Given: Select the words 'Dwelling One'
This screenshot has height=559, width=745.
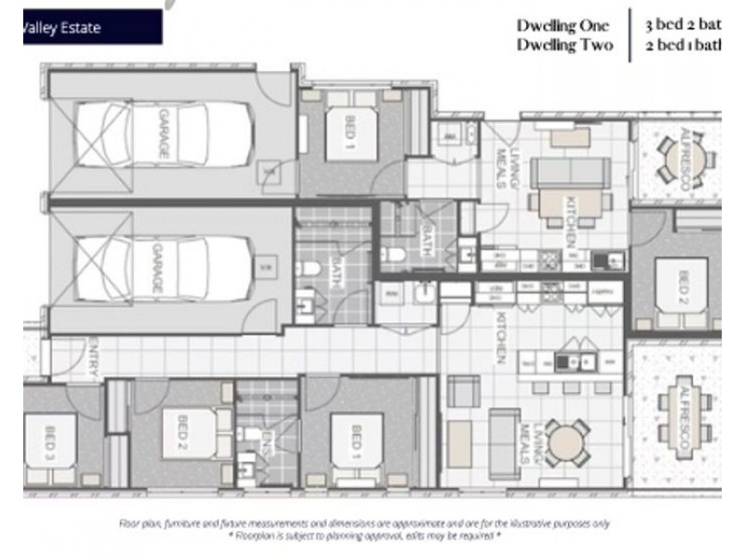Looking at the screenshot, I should (x=563, y=26).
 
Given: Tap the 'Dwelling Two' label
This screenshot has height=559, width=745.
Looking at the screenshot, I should (x=564, y=45).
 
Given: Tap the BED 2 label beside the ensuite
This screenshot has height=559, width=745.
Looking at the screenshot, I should (x=181, y=428).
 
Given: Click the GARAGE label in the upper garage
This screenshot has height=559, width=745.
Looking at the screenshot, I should (x=162, y=135).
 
